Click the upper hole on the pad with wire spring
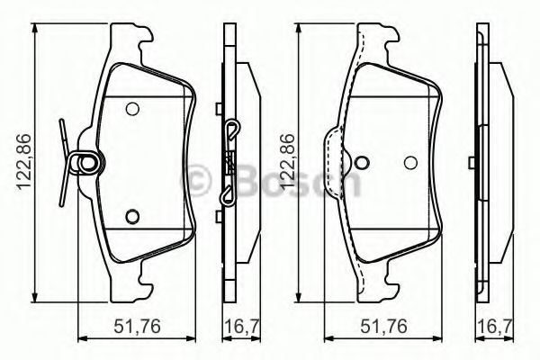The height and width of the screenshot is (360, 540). [132, 110]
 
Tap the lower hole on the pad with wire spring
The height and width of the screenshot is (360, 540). [132, 215]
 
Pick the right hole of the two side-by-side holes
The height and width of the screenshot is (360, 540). [411, 163]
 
